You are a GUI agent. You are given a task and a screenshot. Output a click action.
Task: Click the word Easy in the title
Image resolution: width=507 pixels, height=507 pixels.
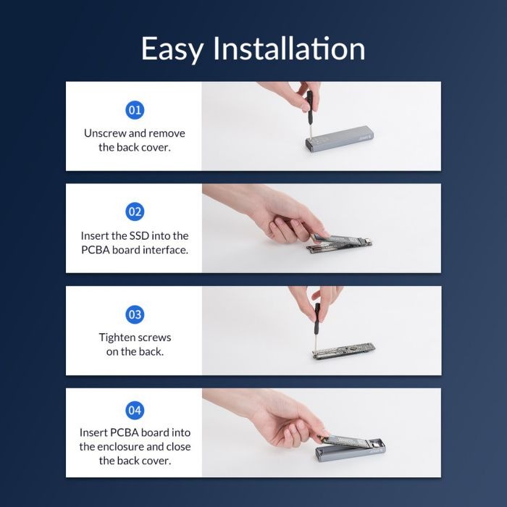click(x=172, y=49)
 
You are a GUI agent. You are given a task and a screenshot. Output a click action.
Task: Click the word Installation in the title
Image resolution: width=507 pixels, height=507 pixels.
click(x=289, y=48)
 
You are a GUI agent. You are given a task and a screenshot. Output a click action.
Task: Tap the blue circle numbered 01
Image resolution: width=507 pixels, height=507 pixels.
click(x=135, y=110)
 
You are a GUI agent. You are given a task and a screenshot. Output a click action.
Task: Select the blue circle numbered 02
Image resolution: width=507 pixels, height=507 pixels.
click(x=135, y=211)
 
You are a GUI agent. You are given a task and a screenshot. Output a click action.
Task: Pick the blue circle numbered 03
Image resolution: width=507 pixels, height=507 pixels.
click(x=135, y=314)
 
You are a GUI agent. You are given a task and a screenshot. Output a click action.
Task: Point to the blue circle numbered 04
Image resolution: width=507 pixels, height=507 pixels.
click(x=135, y=411)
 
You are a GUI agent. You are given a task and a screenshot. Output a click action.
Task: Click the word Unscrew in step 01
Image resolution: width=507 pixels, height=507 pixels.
click(x=103, y=133)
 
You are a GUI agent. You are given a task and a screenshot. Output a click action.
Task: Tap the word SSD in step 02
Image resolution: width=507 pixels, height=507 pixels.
click(x=139, y=235)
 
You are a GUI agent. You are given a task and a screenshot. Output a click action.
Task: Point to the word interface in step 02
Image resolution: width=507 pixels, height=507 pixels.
click(x=166, y=250)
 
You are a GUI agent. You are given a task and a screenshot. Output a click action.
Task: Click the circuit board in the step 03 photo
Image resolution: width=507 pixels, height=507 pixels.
click(x=343, y=351)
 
